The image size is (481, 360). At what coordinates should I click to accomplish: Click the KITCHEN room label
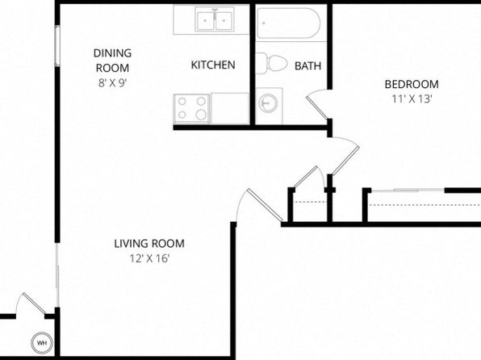click(213, 65)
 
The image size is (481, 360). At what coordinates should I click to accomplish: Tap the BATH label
click(307, 65)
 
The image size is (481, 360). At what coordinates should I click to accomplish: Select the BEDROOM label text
click(412, 84)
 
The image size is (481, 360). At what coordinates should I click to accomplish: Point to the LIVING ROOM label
click(149, 244)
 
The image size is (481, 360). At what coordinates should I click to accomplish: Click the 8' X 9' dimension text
click(112, 83)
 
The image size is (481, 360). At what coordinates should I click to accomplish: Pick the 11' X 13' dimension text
click(412, 99)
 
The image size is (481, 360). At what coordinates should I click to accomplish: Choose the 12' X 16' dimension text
click(149, 259)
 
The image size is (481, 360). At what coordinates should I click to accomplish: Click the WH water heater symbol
click(42, 343)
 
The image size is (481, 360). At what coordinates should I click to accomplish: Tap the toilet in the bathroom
click(271, 63)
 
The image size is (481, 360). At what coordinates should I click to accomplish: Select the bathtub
click(289, 23)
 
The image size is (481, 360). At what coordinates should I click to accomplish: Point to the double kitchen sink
click(215, 20)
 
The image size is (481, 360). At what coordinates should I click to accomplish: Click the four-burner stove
click(192, 109)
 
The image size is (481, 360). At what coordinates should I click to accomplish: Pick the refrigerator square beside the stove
click(230, 109)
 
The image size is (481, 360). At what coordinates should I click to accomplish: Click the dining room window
click(57, 46)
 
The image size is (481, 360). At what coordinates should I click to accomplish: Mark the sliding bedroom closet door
click(408, 190)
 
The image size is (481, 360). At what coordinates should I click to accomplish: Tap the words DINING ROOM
click(112, 61)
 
